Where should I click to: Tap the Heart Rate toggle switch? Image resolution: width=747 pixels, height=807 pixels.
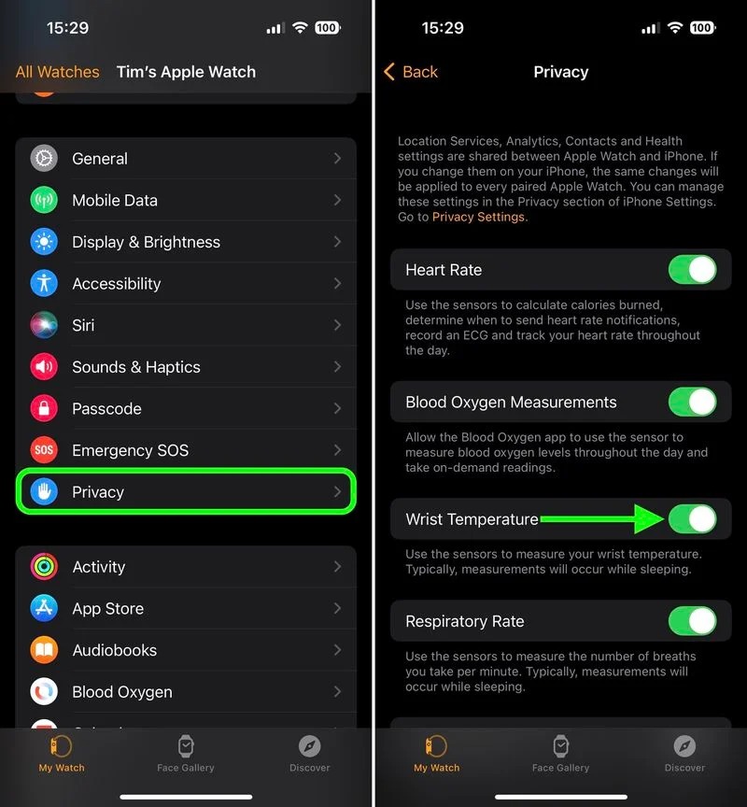692,270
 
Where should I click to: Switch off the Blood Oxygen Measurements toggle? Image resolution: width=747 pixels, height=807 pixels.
692,403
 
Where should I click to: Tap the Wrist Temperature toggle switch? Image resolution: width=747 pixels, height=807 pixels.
692,519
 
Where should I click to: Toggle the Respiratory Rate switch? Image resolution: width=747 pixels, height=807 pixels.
692,621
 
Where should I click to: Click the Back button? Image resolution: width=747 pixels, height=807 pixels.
411,72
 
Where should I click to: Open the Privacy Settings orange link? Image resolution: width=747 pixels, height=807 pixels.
479,217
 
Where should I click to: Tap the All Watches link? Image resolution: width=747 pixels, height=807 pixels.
58,72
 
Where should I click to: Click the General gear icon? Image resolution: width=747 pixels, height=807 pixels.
44,159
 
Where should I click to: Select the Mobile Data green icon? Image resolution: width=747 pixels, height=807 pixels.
44,200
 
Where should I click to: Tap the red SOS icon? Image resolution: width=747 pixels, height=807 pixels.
44,450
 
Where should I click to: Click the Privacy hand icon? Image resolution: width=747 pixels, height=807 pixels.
44,492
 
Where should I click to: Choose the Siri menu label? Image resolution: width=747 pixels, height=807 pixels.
83,325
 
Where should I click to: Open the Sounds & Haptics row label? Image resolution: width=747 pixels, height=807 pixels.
136,367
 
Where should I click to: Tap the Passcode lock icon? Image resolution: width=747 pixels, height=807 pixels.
44,408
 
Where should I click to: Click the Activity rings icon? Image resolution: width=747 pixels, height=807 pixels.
44,567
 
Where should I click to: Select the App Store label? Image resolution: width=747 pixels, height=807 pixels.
108,609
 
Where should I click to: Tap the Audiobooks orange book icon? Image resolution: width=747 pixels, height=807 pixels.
44,650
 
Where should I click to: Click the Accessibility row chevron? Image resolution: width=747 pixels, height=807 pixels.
337,283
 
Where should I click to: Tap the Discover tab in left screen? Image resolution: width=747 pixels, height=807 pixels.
309,753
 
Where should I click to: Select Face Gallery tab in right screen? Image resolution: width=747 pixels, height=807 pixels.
560,753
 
